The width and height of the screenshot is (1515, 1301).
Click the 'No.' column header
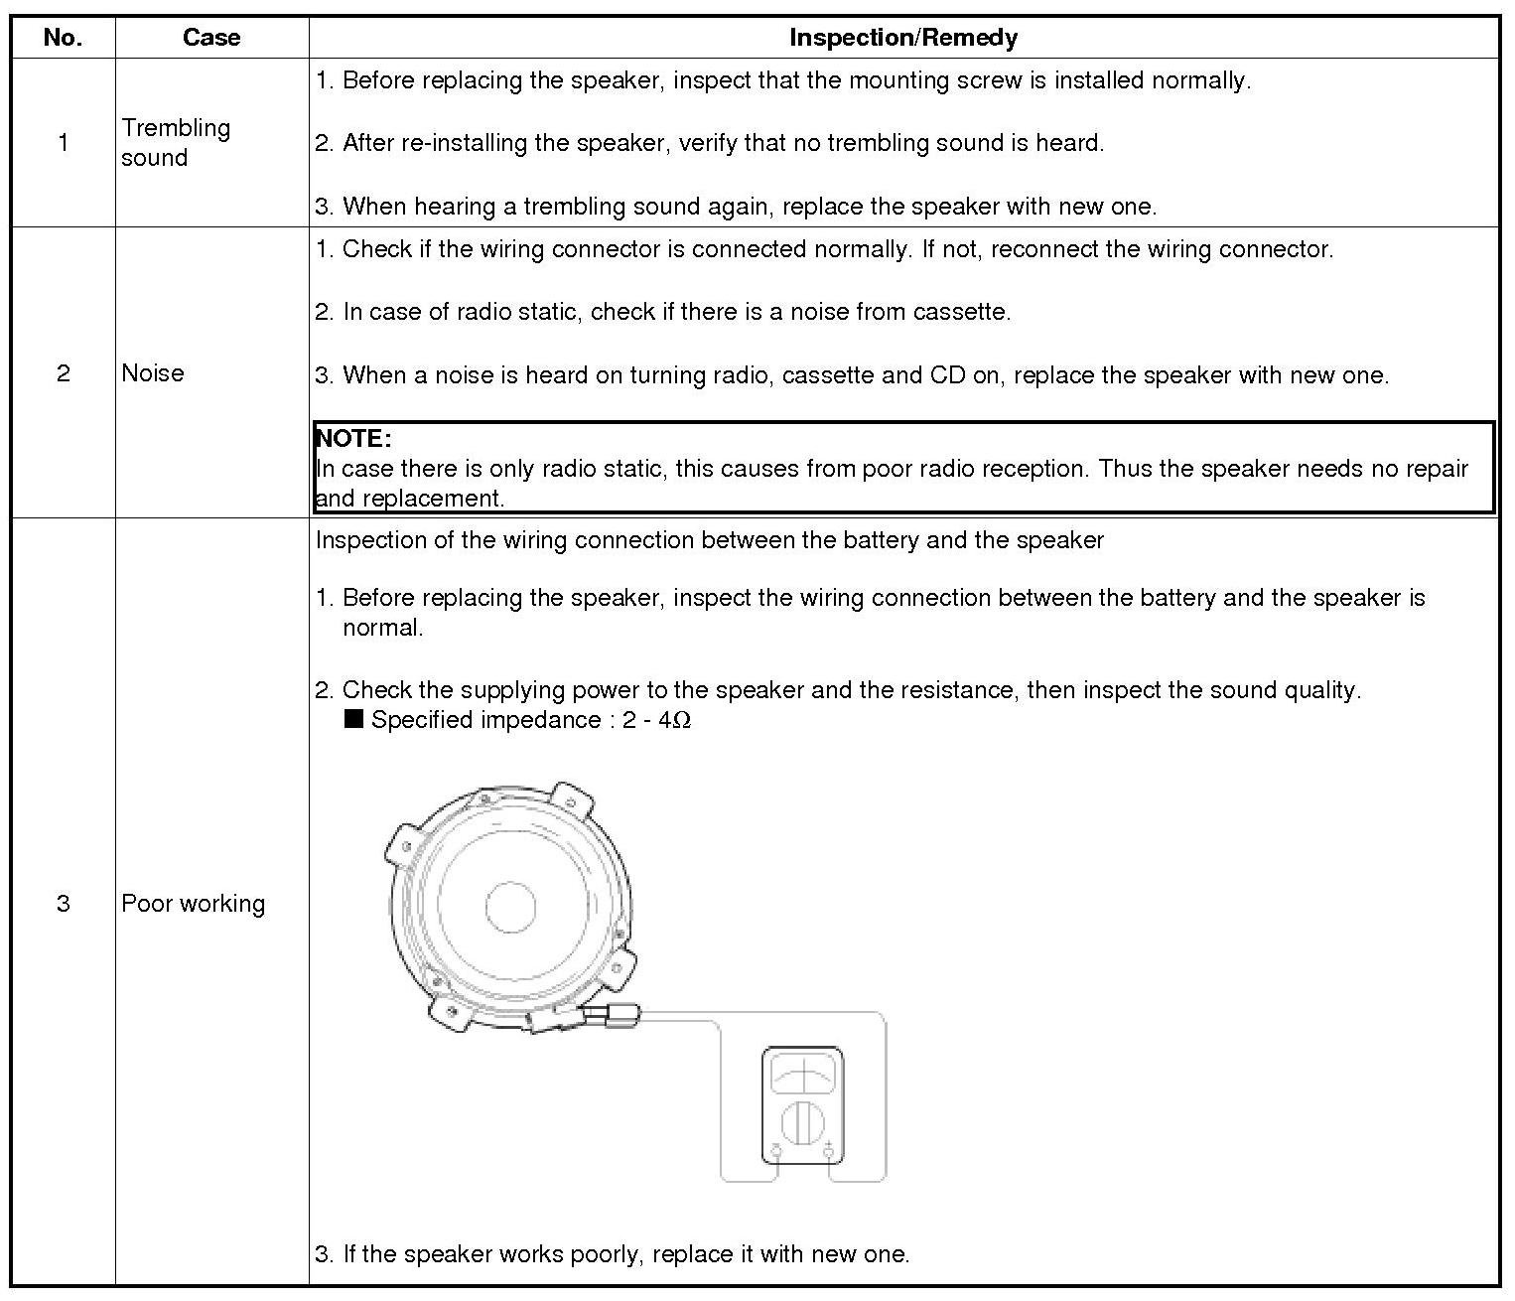pos(63,38)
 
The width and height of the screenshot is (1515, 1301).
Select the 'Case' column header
pos(211,38)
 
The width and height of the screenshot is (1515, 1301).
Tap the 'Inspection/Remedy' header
pos(902,38)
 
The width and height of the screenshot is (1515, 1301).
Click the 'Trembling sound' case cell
pos(176,142)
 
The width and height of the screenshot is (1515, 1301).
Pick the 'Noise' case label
pos(153,372)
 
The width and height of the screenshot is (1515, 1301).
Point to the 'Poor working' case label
pos(194,903)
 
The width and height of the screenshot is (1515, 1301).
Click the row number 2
pos(63,372)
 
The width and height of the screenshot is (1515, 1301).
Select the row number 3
pos(63,903)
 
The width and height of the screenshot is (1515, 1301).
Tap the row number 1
pos(63,142)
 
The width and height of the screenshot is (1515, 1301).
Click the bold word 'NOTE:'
pos(353,438)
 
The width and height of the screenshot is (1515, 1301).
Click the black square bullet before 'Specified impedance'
pos(353,719)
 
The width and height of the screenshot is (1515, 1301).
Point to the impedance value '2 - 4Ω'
pos(656,720)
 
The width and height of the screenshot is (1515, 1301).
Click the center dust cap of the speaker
pos(511,906)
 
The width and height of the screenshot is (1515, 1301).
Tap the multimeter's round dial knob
pos(802,1123)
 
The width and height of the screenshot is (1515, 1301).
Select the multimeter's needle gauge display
pos(802,1076)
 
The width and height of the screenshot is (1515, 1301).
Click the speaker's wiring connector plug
pos(613,1016)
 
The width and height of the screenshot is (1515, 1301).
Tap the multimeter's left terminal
pos(776,1151)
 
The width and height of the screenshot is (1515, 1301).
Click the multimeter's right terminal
pos(828,1151)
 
